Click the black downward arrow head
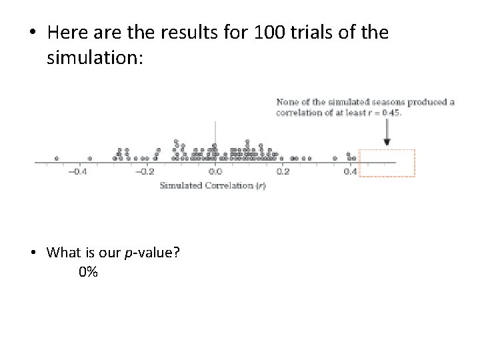387,143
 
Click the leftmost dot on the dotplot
56,159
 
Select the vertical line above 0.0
215,133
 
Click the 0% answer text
87,272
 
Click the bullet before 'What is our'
32,253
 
